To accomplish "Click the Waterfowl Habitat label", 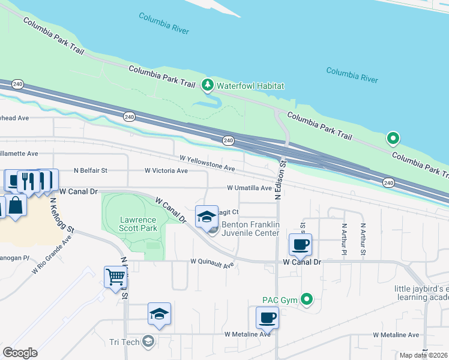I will pos(250,86).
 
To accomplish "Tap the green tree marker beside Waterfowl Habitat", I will pos(208,85).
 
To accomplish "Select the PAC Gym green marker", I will pos(307,298).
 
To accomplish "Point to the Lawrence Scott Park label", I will pos(138,224).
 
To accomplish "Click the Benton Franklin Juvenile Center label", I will pos(250,229).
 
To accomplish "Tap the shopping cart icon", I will pos(115,277).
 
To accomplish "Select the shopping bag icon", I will pos(17,205).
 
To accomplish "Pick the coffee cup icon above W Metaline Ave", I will pos(267,317).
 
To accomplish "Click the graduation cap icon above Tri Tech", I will pos(159,314).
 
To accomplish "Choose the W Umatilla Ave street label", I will pos(249,188).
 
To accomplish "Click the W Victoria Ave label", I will pos(166,170).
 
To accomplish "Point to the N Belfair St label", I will pos(90,170).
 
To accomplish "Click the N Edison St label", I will pos(279,179).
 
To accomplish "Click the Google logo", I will pos(20,352).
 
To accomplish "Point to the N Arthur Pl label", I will pos(344,239).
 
